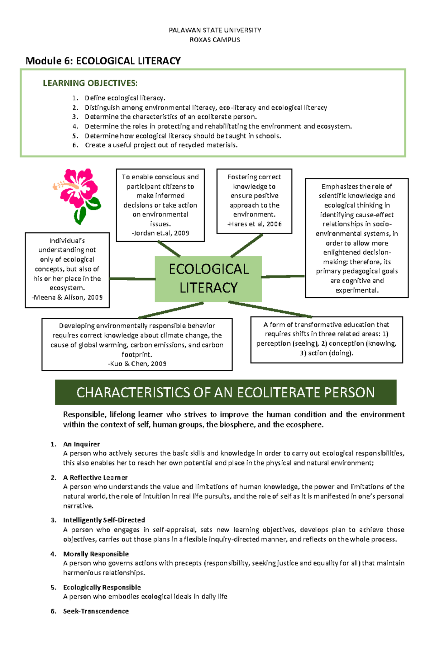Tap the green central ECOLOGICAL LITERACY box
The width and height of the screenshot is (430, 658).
tap(208, 279)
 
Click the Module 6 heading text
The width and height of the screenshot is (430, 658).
tap(103, 61)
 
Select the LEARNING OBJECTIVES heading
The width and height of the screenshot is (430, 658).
tap(90, 83)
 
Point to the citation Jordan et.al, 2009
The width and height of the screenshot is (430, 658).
tap(161, 233)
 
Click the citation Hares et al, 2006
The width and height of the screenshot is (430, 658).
tap(254, 224)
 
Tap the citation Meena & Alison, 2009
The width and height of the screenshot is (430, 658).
tap(67, 297)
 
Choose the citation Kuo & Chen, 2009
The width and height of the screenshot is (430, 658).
tap(137, 364)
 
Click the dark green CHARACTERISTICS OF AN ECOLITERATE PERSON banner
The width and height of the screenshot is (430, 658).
tap(225, 392)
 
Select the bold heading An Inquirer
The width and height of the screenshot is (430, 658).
tap(81, 444)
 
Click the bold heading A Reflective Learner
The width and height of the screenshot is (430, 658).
tap(95, 477)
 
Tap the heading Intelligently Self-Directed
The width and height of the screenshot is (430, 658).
tap(104, 520)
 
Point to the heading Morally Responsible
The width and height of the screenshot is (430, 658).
tap(96, 554)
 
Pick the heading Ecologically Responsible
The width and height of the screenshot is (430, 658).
tap(102, 587)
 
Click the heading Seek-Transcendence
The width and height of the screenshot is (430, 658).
tap(96, 611)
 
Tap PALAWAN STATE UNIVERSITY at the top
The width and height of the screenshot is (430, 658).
tap(215, 30)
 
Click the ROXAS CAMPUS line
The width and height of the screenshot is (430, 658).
tap(215, 40)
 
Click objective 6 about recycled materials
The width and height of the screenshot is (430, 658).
tap(161, 145)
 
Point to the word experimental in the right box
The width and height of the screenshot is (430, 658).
tap(357, 290)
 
